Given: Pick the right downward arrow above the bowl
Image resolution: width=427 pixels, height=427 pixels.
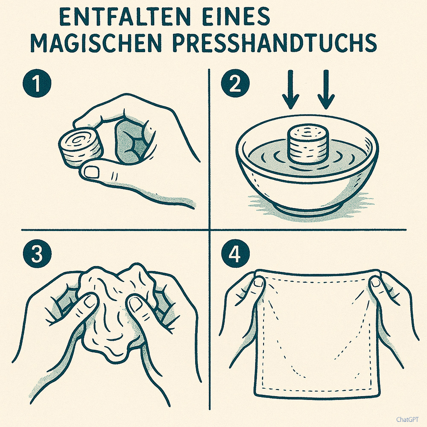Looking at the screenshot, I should coord(327,89).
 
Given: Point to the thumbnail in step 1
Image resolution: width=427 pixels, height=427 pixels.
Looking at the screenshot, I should coord(91,172).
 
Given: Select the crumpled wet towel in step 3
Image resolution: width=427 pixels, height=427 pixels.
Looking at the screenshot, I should coord(113,312).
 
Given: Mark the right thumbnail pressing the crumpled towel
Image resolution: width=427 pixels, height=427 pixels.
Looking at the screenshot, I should coord(136,304).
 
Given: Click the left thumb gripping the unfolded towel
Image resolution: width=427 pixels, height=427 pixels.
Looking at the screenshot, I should coord(258,283).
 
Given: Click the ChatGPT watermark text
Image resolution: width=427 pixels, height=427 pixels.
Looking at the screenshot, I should coord(408,419).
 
